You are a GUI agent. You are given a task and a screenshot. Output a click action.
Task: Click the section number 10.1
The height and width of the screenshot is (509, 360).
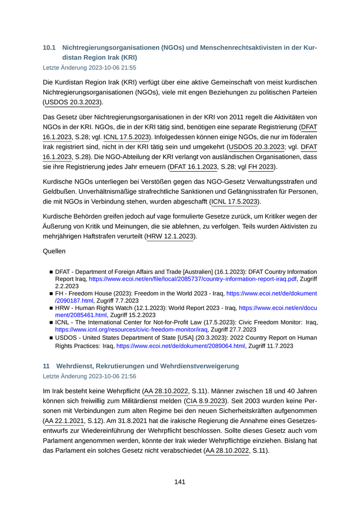[49, 48]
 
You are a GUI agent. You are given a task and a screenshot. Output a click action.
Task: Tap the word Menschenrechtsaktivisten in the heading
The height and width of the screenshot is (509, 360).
[230, 48]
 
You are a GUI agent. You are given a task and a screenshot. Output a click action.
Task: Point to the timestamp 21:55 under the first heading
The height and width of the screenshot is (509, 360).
[129, 67]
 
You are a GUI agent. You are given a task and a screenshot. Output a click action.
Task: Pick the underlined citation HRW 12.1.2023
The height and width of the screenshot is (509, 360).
[170, 236]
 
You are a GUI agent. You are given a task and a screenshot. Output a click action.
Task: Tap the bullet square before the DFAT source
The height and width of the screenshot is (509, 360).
[51, 272]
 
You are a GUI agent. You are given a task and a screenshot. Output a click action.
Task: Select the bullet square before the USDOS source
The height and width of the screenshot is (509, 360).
[51, 338]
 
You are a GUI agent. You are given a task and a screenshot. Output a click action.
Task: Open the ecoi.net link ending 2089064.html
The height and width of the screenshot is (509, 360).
[181, 346]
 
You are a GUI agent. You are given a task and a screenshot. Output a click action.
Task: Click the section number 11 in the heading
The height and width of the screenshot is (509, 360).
[46, 366]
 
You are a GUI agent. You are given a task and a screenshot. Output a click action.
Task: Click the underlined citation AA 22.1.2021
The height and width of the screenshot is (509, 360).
[64, 421]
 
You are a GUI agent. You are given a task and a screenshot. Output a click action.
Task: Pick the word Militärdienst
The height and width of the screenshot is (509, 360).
[136, 401]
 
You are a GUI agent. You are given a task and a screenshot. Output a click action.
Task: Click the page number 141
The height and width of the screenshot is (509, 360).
[179, 482]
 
